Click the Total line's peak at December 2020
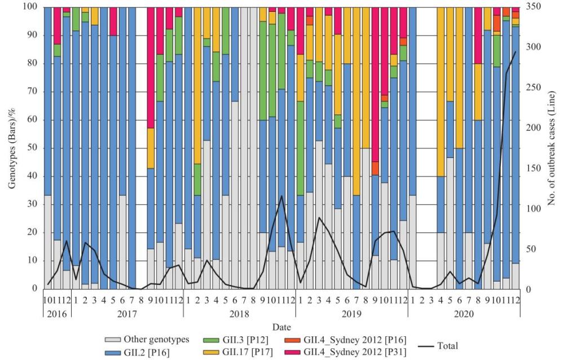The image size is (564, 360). point(514,52)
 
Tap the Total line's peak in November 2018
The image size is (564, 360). point(281,196)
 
